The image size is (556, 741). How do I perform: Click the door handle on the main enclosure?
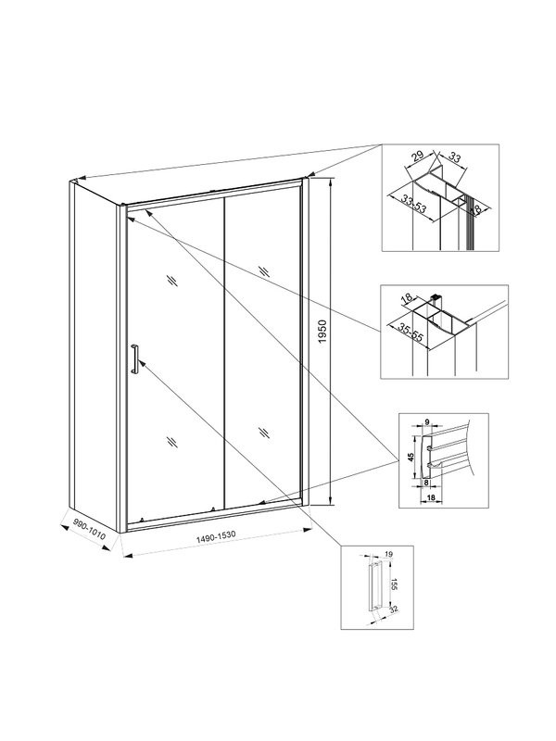(134, 359)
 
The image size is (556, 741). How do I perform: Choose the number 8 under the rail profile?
(426, 483)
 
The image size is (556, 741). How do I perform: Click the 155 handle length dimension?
(393, 584)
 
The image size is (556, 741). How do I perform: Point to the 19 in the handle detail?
(387, 555)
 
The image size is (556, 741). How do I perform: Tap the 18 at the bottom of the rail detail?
(432, 497)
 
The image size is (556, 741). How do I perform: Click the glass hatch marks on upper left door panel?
(173, 281)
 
